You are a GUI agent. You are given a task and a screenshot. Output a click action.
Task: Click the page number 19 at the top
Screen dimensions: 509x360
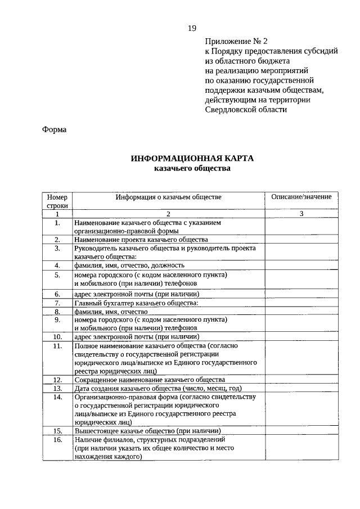point(192,29)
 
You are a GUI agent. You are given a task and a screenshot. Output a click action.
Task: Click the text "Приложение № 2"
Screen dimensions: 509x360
point(237,41)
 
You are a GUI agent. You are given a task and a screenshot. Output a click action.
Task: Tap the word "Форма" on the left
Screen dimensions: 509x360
point(55,130)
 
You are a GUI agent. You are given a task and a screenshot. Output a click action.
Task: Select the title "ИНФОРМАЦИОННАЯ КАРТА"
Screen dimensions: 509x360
point(192,159)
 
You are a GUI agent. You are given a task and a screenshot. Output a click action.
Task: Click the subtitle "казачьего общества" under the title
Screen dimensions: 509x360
point(192,168)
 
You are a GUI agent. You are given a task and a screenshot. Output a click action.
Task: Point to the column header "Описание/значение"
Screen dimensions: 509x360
point(301,197)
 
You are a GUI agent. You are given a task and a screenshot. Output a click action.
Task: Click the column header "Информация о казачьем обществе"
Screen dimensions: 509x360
point(169,197)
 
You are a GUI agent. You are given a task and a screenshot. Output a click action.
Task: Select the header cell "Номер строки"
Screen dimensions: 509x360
point(57,201)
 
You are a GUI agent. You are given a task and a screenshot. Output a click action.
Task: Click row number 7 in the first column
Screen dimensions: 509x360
point(57,303)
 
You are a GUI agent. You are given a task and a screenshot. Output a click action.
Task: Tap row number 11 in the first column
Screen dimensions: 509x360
point(57,346)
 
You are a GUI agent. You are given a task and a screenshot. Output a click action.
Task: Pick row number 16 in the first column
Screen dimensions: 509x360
point(57,440)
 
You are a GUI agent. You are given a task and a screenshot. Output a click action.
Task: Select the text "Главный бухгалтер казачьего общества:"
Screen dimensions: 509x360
point(136,303)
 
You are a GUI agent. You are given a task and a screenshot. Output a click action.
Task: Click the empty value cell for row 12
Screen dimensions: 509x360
point(301,380)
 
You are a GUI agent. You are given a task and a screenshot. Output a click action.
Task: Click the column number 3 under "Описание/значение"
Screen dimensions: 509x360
point(301,214)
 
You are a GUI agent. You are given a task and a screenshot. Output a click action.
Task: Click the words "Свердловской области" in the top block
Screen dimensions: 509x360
point(246,110)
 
